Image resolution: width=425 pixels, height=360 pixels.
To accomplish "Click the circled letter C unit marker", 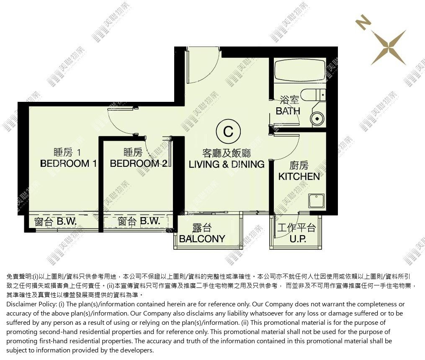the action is coord(228,131).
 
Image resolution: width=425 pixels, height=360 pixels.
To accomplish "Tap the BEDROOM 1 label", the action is coord(68,163).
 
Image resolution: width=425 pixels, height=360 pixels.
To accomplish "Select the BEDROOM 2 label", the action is coord(139,163).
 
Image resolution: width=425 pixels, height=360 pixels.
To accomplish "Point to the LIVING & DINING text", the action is coord(227,164).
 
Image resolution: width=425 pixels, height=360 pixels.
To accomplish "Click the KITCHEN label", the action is coord(299,176).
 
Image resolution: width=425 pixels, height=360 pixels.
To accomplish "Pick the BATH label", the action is coord(288,111).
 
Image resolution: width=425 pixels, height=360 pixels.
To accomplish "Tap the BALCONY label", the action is coord(202,239).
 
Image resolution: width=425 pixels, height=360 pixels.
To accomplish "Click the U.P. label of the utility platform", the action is coord(298,239).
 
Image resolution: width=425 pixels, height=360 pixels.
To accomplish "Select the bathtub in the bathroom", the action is coord(300,70).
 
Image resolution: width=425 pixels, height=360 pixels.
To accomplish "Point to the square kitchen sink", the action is coord(316,201).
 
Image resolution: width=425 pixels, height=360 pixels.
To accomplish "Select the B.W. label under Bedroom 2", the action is coord(150,221).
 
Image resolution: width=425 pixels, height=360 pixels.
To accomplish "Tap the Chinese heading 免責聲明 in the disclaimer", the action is coord(19,277).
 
